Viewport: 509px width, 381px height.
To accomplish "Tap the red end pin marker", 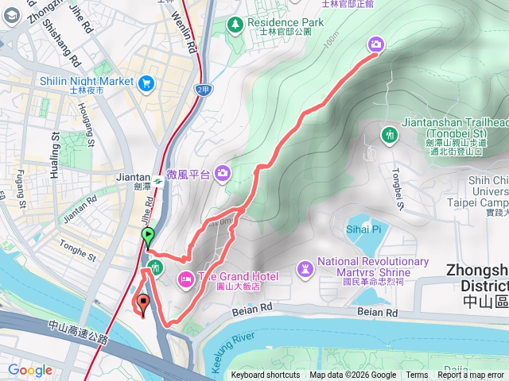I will [144, 303].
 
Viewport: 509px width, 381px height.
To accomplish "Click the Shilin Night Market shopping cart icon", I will [146, 82].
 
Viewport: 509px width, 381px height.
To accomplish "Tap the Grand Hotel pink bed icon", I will [185, 277].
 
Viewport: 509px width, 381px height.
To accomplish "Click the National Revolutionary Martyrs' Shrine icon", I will [305, 267].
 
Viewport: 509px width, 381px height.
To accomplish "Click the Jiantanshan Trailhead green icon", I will [388, 134].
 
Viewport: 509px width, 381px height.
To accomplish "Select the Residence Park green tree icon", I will [235, 24].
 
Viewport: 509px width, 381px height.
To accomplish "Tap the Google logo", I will [30, 371].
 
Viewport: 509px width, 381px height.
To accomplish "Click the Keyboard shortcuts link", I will [265, 375].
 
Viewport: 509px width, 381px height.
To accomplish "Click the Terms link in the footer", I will [417, 375].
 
